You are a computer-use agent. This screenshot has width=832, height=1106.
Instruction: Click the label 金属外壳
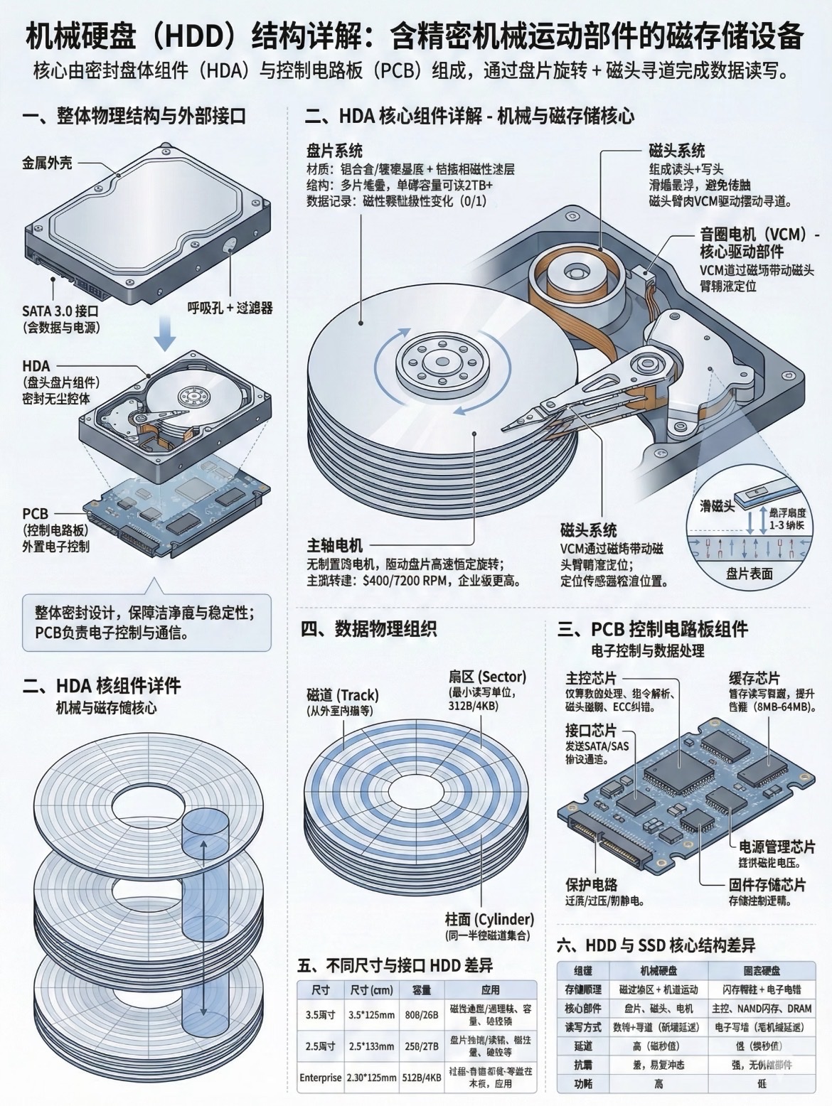click(x=47, y=164)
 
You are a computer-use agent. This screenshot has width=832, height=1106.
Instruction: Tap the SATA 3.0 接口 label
click(x=60, y=311)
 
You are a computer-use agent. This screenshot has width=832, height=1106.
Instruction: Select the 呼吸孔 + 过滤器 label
click(x=230, y=308)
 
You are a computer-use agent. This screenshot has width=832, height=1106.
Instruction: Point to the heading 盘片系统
click(x=334, y=151)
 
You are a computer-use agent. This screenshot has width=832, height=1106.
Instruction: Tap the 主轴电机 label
click(x=335, y=545)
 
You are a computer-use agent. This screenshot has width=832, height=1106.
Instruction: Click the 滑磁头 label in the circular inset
click(x=716, y=506)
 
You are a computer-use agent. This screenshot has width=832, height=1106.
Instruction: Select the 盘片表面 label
click(x=749, y=574)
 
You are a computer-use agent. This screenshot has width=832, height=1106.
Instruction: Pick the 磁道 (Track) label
click(x=343, y=695)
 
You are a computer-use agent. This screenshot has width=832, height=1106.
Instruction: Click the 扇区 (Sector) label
click(x=487, y=676)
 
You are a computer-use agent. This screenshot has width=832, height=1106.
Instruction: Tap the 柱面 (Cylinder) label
click(x=489, y=919)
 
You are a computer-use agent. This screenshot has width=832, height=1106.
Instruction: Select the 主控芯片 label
click(x=591, y=677)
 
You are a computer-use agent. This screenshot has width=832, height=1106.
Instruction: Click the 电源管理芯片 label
click(x=777, y=847)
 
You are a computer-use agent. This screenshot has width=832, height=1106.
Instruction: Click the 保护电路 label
click(x=592, y=885)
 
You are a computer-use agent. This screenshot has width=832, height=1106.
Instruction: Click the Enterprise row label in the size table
click(x=321, y=1078)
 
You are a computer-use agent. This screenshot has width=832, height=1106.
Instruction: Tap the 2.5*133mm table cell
click(x=371, y=1046)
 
